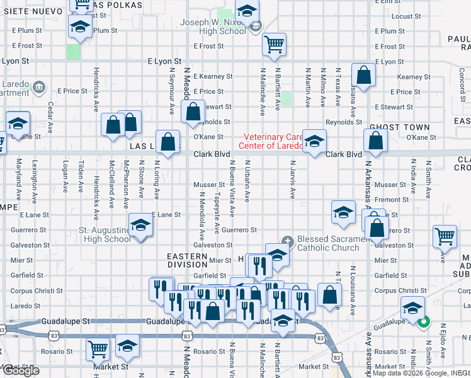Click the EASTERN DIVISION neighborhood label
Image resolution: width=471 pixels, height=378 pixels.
click(x=187, y=260)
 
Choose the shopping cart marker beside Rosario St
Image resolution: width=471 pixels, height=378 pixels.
click(x=98, y=348)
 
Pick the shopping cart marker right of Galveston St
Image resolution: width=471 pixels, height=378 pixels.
click(x=445, y=237)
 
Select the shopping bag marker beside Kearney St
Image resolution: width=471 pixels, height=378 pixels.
click(x=364, y=76)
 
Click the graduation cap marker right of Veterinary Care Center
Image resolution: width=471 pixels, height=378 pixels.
click(x=313, y=141)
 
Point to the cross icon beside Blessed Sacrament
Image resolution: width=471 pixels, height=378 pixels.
click(x=288, y=239)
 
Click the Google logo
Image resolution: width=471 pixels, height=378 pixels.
click(x=21, y=370)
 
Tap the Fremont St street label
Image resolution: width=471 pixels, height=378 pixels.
click(x=391, y=200)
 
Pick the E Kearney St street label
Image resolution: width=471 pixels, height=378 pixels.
click(x=213, y=76)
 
